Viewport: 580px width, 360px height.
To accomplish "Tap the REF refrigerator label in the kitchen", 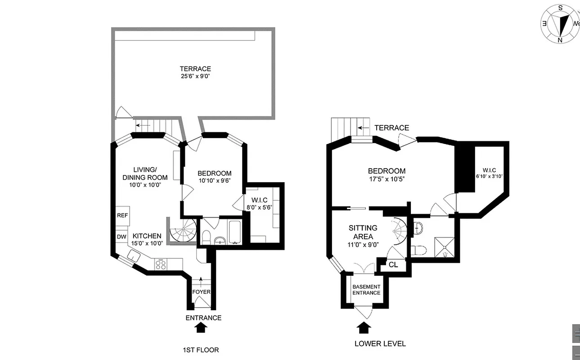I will point(122,216).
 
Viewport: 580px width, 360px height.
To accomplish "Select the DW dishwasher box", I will point(121,237).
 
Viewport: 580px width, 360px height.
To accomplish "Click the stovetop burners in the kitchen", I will point(161,264).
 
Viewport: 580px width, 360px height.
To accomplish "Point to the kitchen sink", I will point(135,256).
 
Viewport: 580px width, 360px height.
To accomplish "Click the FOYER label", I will point(202,292).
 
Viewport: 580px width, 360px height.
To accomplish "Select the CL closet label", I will point(392,265).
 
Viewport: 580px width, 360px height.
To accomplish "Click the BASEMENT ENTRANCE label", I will point(366,290).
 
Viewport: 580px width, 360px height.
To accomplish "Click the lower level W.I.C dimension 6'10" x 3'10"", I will point(489,176).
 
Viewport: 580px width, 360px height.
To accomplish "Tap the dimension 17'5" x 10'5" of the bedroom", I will point(387,179).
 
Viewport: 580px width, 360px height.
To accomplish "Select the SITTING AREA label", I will point(363,232).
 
